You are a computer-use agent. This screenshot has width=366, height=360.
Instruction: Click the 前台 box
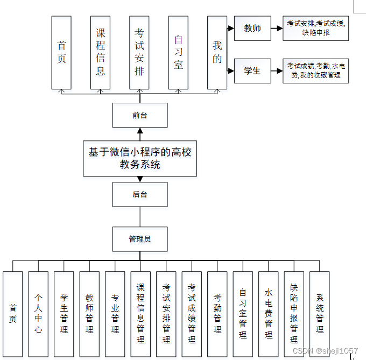pyautogui.click(x=140, y=115)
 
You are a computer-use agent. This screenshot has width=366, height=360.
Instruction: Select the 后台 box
pyautogui.click(x=140, y=194)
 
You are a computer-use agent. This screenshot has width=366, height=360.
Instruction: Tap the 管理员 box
pyautogui.click(x=140, y=239)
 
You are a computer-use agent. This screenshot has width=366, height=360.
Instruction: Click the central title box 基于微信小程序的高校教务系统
pyautogui.click(x=140, y=158)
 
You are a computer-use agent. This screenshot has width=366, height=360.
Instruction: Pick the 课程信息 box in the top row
pyautogui.click(x=101, y=52)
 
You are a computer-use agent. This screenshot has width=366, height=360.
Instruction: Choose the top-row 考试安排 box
pyautogui.click(x=139, y=52)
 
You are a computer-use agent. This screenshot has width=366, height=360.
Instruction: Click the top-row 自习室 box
pyautogui.click(x=178, y=52)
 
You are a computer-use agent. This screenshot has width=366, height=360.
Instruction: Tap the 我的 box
pyautogui.click(x=217, y=52)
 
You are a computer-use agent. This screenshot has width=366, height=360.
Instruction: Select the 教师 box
pyautogui.click(x=252, y=28)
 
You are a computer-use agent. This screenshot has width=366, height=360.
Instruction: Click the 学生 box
pyautogui.click(x=252, y=71)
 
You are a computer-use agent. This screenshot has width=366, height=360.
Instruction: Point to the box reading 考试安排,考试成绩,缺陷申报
pyautogui.click(x=316, y=28)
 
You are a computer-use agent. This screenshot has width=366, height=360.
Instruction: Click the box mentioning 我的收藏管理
pyautogui.click(x=316, y=71)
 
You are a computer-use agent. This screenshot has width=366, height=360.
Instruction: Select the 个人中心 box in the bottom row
pyautogui.click(x=38, y=314)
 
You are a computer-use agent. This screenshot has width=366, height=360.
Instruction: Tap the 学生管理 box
pyautogui.click(x=64, y=314)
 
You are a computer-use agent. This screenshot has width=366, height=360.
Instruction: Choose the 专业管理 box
pyautogui.click(x=115, y=314)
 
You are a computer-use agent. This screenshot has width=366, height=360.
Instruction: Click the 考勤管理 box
pyautogui.click(x=217, y=314)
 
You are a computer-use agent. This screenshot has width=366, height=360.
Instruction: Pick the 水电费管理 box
pyautogui.click(x=269, y=314)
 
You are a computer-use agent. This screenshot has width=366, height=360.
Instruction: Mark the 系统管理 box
pyautogui.click(x=320, y=314)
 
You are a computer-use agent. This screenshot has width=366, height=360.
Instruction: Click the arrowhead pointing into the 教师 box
pyautogui.click(x=231, y=28)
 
